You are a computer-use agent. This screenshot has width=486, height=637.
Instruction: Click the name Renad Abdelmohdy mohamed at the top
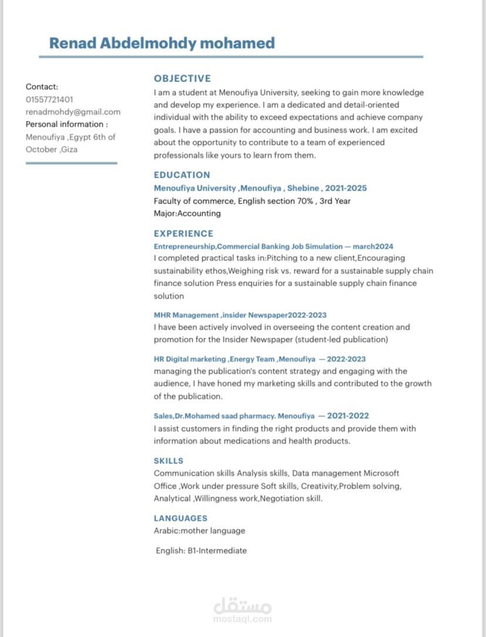tap(161, 43)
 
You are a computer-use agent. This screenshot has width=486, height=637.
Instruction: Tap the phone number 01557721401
tap(49, 99)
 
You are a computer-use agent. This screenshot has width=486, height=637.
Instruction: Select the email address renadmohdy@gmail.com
tap(73, 111)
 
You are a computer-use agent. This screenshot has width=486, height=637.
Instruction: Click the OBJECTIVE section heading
tap(182, 79)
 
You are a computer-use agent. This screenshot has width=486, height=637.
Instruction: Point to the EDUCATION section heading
tap(181, 175)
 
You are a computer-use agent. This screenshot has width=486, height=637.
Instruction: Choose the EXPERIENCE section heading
tap(183, 233)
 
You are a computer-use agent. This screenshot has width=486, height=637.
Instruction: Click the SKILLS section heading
tap(168, 461)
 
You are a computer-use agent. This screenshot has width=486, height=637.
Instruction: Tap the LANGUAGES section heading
tap(180, 519)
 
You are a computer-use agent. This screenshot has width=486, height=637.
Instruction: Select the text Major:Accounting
tap(187, 214)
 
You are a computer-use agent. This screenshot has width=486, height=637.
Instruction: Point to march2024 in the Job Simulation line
tap(373, 246)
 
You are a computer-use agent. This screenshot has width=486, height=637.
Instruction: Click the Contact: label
tap(42, 87)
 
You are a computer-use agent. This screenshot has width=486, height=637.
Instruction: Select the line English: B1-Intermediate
tap(201, 551)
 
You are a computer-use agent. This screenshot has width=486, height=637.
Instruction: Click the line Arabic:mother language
tap(199, 531)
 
